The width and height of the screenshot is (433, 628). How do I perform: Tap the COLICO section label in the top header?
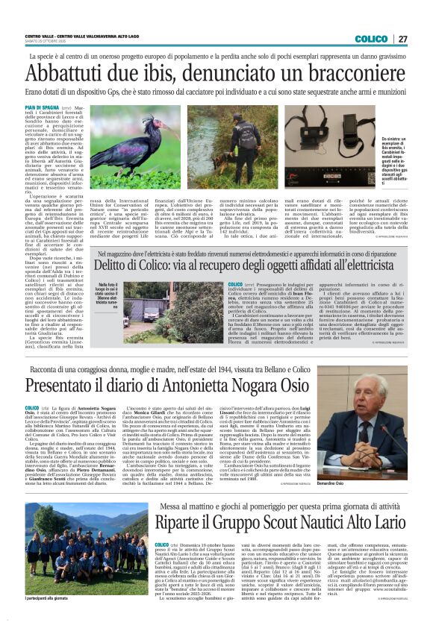[x=371, y=39]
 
